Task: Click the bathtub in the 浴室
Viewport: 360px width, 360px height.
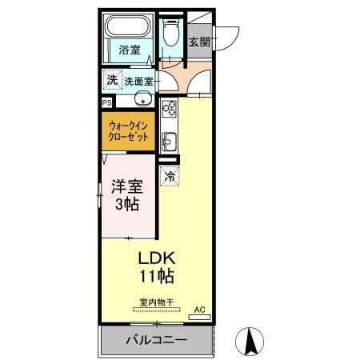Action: coord(128,26)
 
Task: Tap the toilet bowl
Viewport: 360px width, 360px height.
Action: coord(170,33)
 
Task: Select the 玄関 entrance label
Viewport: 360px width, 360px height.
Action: coord(199,42)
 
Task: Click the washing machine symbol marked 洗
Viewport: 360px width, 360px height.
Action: coord(112,80)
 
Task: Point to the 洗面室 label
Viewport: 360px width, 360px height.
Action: coord(138,82)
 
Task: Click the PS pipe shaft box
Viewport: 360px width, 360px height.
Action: coord(107,103)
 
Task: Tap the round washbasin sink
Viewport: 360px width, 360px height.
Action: coord(142,99)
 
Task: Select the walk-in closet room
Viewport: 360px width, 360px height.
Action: coord(128,131)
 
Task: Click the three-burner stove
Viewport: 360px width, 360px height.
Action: coord(169,109)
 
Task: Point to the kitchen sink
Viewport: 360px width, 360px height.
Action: coord(170,142)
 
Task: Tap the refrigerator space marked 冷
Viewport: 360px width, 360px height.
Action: coord(170,176)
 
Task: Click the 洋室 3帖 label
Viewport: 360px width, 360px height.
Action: coord(127,195)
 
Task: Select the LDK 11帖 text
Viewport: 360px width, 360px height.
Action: coord(157,267)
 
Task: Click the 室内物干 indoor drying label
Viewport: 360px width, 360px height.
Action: coord(157,302)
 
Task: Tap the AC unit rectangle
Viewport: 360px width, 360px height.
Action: coord(199,317)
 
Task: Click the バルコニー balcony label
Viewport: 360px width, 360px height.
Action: coord(157,340)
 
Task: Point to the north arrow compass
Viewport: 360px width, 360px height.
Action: coord(250,342)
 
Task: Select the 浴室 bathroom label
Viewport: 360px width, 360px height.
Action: coord(130,50)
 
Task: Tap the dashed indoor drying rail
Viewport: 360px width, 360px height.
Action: coord(157,310)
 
